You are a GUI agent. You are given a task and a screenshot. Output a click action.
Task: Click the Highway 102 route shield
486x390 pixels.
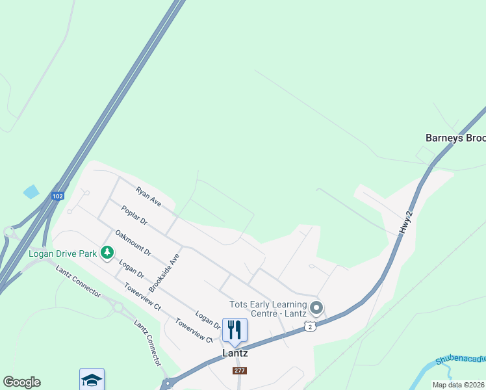click(58, 196)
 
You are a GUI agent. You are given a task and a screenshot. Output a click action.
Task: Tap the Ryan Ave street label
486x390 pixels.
click(148, 196)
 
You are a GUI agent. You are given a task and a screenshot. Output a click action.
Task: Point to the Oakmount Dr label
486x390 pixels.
click(133, 242)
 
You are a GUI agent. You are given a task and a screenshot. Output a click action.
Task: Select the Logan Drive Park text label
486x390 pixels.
click(62, 253)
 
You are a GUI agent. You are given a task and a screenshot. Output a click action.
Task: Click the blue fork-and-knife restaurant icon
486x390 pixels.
click(235, 330)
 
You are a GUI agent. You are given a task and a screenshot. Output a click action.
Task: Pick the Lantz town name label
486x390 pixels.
click(235, 354)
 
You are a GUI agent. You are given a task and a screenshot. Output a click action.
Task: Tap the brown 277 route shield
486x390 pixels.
click(239, 370)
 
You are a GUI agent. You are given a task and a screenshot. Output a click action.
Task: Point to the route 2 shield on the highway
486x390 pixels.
click(311, 326)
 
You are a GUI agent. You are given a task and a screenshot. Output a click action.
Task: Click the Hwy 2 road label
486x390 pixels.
click(407, 222)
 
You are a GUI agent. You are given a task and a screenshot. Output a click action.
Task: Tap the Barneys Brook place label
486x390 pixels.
click(455, 138)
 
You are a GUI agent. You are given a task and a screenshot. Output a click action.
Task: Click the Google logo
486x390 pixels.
click(21, 382)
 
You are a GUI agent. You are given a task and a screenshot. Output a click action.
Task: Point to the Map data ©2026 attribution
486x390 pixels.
click(459, 385)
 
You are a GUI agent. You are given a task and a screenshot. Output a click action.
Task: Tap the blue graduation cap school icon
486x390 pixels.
click(92, 380)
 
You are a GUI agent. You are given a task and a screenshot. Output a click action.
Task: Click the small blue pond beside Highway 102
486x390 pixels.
click(31, 192)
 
